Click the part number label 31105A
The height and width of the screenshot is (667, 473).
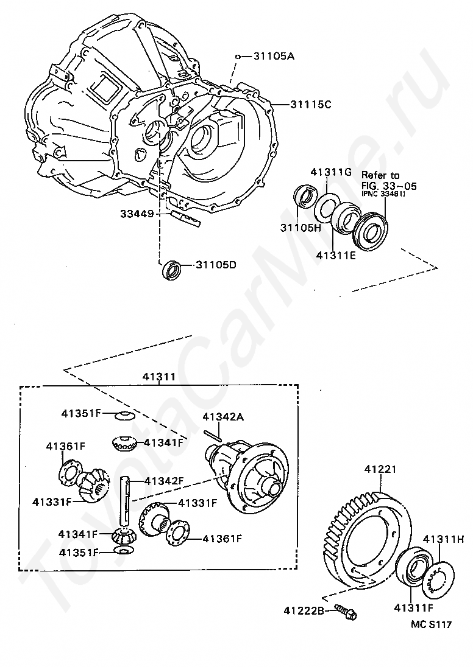(x=274, y=57)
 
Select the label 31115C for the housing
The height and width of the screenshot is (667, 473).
(x=310, y=104)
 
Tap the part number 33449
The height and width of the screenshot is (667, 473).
(x=137, y=214)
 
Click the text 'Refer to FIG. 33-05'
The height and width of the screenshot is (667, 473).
(x=389, y=180)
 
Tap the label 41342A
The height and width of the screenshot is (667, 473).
(x=223, y=417)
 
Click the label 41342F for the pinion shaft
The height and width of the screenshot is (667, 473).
(x=163, y=481)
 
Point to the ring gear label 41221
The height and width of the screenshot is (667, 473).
(x=380, y=469)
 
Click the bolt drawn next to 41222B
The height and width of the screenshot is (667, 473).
(x=347, y=610)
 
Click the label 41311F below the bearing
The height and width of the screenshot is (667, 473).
(x=414, y=607)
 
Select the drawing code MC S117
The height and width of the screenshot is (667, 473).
(x=430, y=624)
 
